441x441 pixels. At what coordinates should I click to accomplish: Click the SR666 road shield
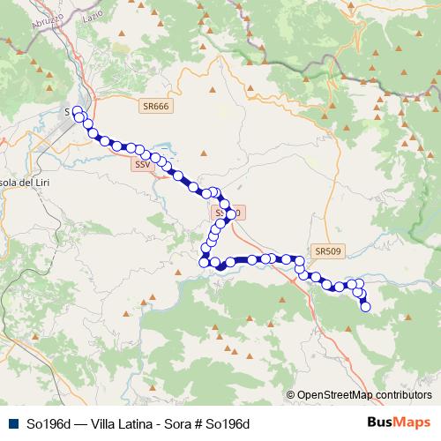pyautogui.click(x=156, y=105)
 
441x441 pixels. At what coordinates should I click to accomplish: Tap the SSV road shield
pyautogui.click(x=142, y=165)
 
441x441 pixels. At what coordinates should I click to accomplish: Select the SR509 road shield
pyautogui.click(x=326, y=251)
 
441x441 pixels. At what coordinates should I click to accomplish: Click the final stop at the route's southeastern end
pyautogui.click(x=365, y=307)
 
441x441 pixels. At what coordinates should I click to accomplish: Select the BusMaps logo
pyautogui.click(x=399, y=422)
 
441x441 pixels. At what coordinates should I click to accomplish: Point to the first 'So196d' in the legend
pyautogui.click(x=46, y=423)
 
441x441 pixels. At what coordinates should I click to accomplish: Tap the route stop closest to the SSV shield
pyautogui.click(x=140, y=151)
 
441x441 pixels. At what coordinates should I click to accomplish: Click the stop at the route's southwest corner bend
pyautogui.click(x=204, y=262)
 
